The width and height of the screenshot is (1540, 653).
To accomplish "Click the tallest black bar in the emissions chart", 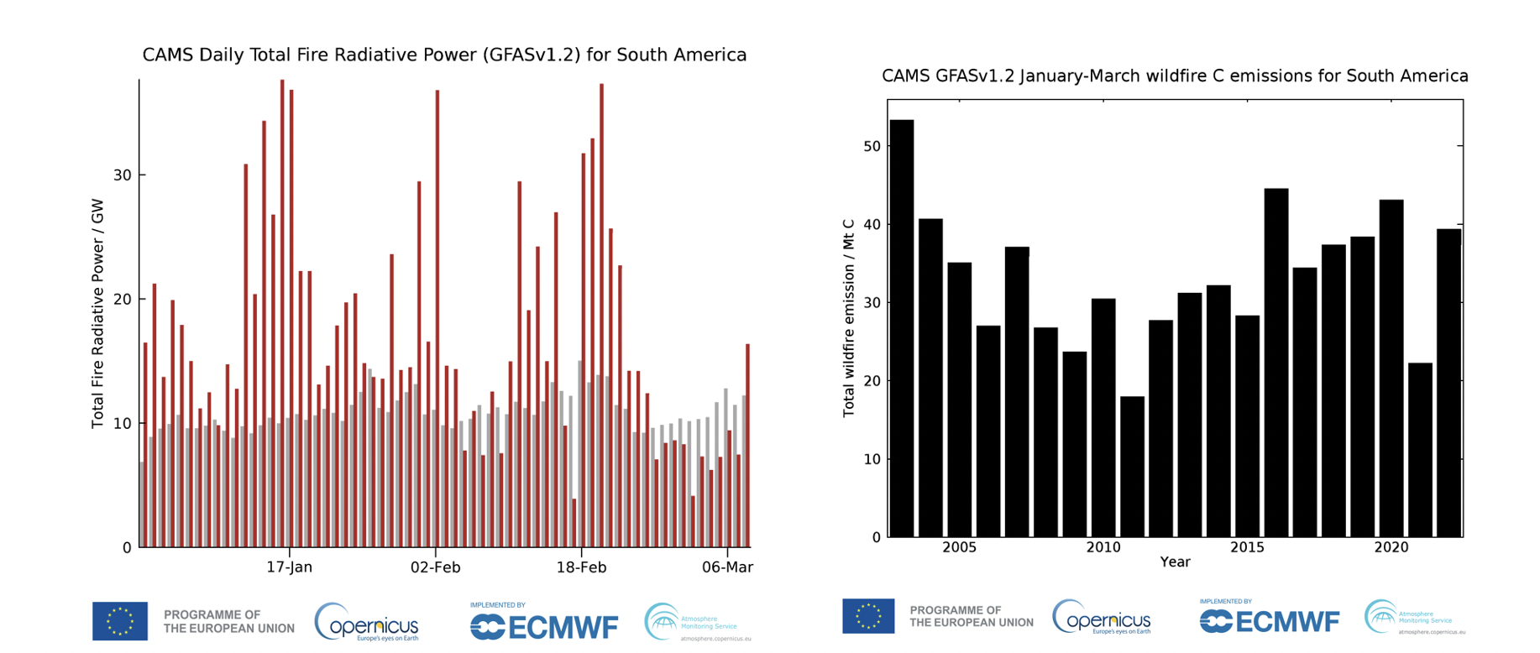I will tap(902, 327).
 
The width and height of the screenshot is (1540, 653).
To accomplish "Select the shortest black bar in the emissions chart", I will tap(1132, 466).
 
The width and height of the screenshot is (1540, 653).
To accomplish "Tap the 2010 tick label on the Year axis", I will tap(1103, 548).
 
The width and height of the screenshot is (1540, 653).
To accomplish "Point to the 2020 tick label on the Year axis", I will tap(1391, 548).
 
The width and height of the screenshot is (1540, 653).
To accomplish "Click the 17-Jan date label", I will tap(290, 567).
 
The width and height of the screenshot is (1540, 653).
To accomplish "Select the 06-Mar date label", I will tap(727, 567).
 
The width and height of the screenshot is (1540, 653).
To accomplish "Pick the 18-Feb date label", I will tap(581, 567).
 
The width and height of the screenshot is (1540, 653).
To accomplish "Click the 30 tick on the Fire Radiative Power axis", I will tap(123, 175).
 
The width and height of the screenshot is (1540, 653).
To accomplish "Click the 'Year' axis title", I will tap(1175, 562).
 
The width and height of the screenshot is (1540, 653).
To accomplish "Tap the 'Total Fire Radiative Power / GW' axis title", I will tap(97, 313).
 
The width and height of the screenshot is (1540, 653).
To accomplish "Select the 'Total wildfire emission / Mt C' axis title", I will tap(848, 318).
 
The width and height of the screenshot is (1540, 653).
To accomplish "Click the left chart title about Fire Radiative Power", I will tap(444, 55).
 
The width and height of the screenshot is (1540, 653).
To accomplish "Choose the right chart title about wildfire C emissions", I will tap(1175, 76).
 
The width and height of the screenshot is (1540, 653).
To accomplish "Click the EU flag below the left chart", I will tap(120, 621).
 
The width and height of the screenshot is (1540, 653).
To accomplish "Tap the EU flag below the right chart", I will tap(868, 616).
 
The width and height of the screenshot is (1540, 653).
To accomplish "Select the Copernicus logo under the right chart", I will tap(1102, 619).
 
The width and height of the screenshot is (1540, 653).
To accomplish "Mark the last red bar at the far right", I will tap(747, 445).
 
